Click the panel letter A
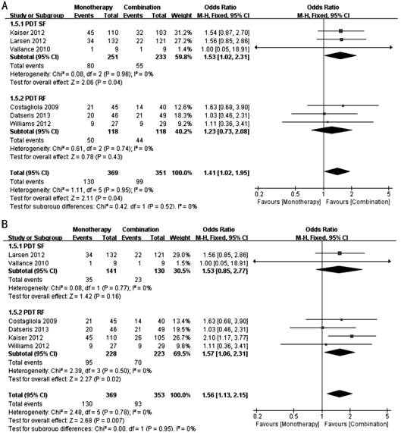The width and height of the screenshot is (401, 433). coord(5,6)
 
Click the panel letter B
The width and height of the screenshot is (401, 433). coord(5,224)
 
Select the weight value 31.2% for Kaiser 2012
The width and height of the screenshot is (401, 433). coord(183,33)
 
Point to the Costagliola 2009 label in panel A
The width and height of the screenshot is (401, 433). coord(34,107)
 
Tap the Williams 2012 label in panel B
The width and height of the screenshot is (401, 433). coord(29,346)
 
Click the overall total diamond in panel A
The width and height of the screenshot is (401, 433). coord(337,171)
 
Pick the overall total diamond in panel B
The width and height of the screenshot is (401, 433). coord(339,394)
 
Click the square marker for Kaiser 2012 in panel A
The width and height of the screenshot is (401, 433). coord(340,31)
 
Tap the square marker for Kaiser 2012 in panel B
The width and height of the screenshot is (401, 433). coord(352,336)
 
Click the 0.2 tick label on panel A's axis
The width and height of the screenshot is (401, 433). coord(259,194)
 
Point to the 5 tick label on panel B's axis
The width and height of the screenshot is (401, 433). coord(387,416)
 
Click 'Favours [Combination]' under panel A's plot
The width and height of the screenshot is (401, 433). coord(358,202)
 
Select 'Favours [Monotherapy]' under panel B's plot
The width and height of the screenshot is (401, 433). coord(287,424)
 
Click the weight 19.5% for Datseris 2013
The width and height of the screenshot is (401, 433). coord(181,329)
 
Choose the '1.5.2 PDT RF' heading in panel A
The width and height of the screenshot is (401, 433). coord(28,99)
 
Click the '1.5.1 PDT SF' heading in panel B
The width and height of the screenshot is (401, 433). coord(27,246)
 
